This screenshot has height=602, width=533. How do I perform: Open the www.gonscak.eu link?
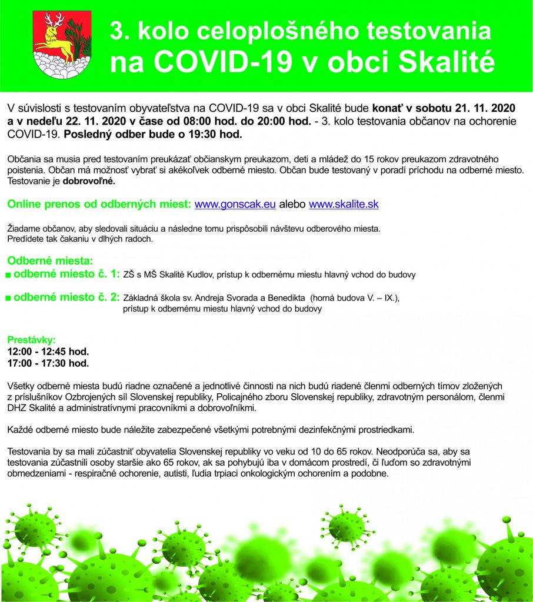tap(235, 205)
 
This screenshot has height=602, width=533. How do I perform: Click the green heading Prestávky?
tap(31, 340)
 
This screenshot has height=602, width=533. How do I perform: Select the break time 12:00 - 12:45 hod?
tap(48, 352)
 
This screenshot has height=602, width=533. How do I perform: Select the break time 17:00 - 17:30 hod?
tap(48, 363)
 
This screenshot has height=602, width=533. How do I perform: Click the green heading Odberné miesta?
tap(49, 260)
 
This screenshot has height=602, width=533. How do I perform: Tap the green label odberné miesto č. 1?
tap(66, 273)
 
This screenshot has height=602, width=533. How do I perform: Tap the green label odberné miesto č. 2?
tap(66, 297)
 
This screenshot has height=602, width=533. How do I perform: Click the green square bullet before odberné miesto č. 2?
tap(8, 299)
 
